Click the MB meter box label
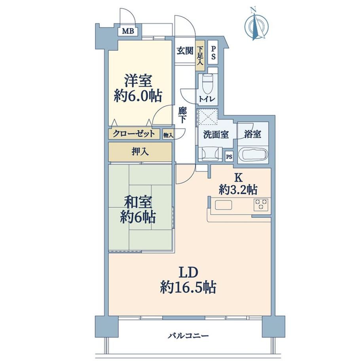pos(128,31)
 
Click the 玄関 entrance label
pos(185,51)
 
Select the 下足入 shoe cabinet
pos(200,55)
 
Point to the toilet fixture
pos(207,84)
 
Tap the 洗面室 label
pos(216,135)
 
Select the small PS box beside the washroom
pos(229,157)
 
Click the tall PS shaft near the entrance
pos(213,53)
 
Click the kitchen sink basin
pos(223,205)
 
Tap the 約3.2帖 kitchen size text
pos(238,190)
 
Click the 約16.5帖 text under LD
pos(188,288)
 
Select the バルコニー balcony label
pos(188,336)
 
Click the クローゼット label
pos(134,134)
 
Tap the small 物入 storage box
pos(168,135)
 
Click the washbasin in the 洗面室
pos(210,154)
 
